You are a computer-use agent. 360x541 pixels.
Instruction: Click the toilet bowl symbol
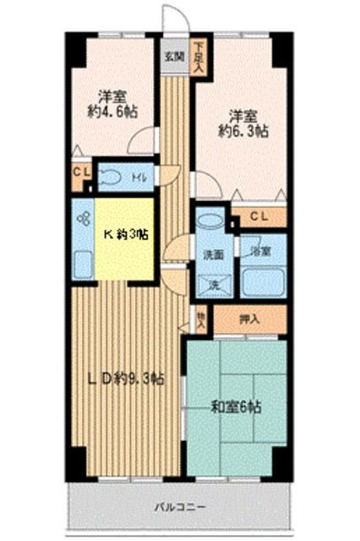click(110, 177)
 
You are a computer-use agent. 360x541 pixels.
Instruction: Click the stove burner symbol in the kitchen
click(83, 220)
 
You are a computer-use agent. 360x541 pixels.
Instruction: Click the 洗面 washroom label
click(212, 253)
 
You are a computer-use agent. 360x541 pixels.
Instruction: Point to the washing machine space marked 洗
click(212, 285)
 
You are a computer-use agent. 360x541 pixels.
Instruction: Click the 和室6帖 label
click(236, 407)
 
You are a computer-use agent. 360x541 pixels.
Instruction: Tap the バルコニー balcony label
click(179, 507)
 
